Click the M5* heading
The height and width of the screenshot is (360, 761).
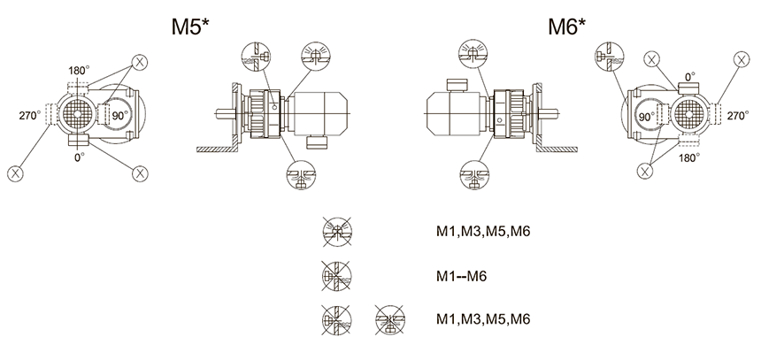pos(190,27)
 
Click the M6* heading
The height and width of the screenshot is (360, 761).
pos(567,27)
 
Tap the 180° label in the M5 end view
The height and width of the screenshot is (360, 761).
pos(79,71)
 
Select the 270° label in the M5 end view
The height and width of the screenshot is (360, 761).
pos(30,116)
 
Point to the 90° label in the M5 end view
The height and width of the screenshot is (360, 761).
pos(119,116)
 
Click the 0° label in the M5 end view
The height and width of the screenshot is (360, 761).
pos(80,157)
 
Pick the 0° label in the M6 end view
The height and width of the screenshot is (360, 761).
pos(689,77)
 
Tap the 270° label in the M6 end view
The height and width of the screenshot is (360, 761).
pos(738,116)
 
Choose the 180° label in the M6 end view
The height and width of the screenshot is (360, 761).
pos(689,157)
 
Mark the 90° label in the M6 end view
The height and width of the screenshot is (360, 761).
pos(647,117)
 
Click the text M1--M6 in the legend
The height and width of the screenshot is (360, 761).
pos(461,276)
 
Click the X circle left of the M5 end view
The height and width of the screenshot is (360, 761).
pos(16,173)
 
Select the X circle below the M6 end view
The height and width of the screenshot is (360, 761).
pos(645,171)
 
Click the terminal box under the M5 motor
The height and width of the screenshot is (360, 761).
pos(318,142)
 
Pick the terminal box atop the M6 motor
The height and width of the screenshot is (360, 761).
pos(457,85)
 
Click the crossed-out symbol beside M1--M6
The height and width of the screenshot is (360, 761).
pos(336,276)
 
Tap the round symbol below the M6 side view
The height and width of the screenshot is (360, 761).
pos(474,175)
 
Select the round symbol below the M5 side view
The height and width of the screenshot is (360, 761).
pos(301,175)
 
